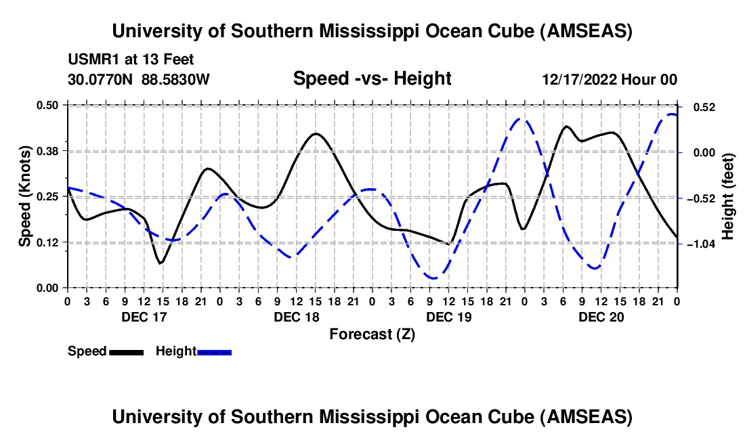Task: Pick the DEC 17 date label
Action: tap(144, 316)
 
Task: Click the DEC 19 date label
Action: tap(449, 316)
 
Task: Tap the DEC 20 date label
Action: tap(601, 316)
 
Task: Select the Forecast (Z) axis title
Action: tap(372, 334)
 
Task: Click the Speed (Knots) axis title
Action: tap(24, 196)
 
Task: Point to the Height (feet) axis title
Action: tap(728, 196)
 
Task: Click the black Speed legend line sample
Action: tap(126, 351)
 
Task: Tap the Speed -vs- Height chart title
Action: tap(372, 79)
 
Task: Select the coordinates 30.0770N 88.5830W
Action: tap(139, 79)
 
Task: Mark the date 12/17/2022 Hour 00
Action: tap(610, 79)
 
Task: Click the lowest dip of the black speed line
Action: tap(161, 263)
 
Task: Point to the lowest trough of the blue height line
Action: tap(433, 278)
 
